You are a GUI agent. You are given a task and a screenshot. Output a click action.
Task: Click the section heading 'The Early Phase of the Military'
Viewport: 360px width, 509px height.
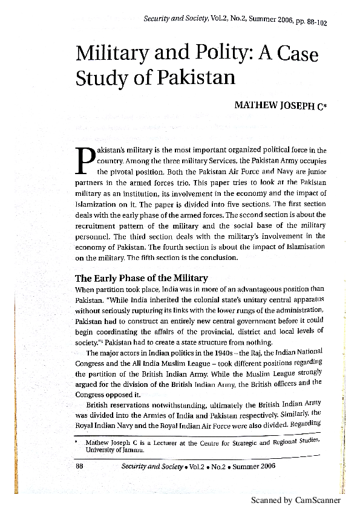pyautogui.click(x=141, y=278)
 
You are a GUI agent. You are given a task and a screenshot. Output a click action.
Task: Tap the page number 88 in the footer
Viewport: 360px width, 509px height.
pyautogui.click(x=79, y=466)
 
